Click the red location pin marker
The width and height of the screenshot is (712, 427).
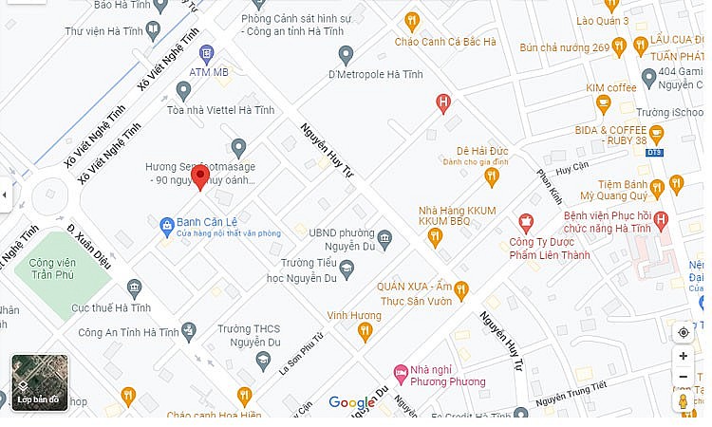point(199,176)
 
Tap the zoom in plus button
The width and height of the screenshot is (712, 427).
point(683,356)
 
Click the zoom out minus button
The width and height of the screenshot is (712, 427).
point(683,378)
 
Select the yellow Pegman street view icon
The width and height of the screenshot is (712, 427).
point(683,402)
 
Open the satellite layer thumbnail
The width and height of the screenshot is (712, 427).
point(39,382)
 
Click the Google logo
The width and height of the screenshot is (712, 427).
point(352,403)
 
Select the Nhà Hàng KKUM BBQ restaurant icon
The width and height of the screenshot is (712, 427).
point(435,237)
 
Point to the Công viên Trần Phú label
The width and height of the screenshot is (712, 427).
point(52,269)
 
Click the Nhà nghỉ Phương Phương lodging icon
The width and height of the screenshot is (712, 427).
point(401,370)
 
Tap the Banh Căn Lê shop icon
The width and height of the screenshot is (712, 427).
point(166,224)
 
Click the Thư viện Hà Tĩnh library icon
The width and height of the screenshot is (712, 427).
point(153,29)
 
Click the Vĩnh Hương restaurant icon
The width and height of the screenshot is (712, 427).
point(364,331)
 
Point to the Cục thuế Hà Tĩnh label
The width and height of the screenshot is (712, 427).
point(111,308)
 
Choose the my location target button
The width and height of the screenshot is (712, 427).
point(683,332)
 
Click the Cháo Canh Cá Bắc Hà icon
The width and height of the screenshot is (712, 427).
point(411,20)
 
